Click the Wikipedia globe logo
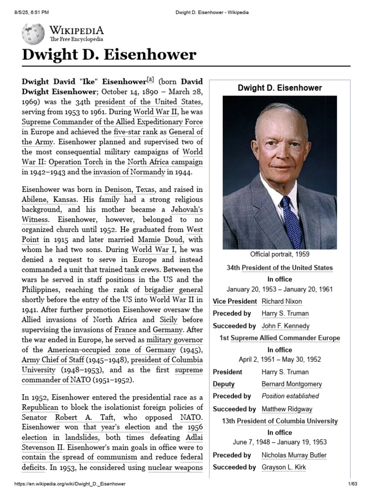click(x=33, y=34)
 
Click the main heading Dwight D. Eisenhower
click(x=109, y=55)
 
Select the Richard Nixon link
click(x=281, y=301)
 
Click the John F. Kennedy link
click(x=285, y=326)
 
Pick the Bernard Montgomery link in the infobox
click(x=292, y=384)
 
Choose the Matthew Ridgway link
click(x=287, y=409)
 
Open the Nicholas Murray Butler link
click(x=294, y=455)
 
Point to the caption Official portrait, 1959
click(x=279, y=254)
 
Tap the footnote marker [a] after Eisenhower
click(x=150, y=79)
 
